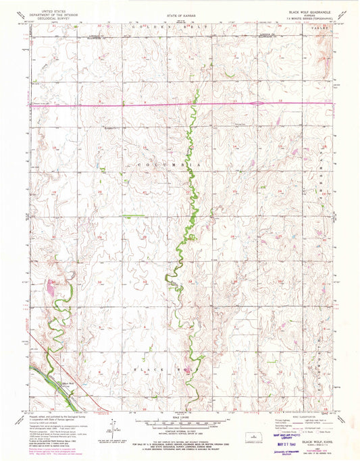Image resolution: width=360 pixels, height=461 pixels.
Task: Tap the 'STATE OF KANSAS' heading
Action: (x=179, y=13)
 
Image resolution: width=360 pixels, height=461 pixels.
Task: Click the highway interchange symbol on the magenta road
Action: (x=258, y=103)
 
